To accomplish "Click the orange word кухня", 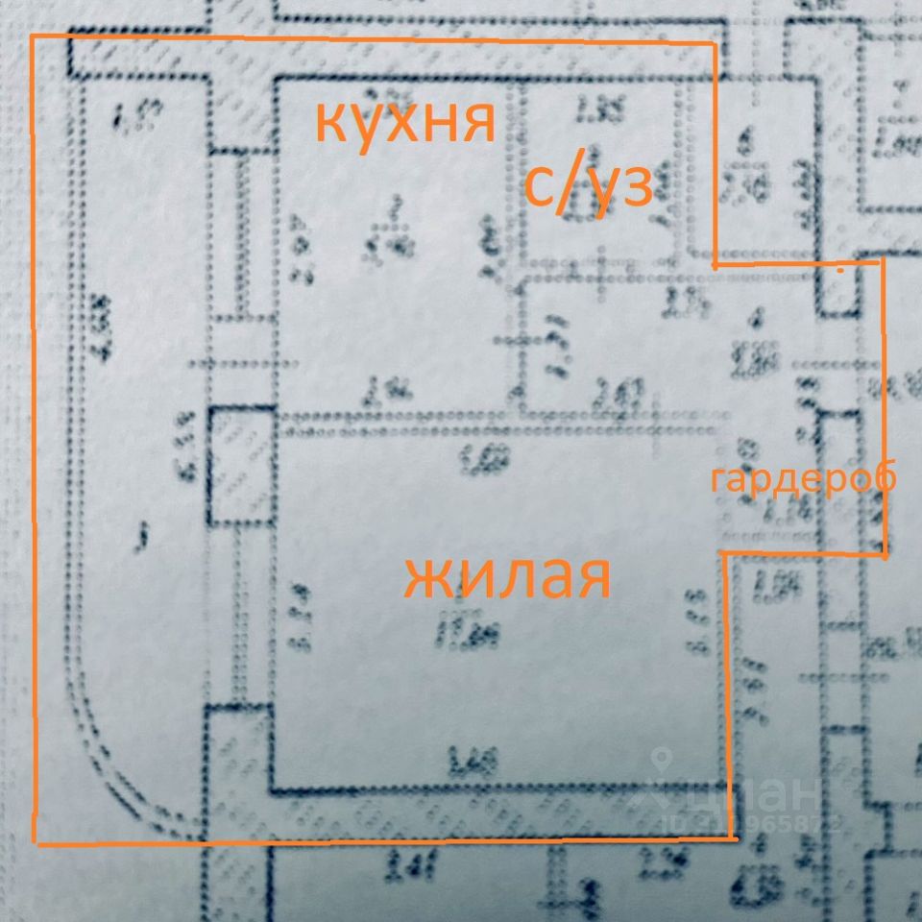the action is pyautogui.click(x=405, y=121).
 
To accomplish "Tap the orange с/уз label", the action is pyautogui.click(x=589, y=186).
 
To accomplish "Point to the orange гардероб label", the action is pyautogui.click(x=803, y=478).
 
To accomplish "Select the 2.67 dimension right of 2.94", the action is pyautogui.click(x=620, y=394).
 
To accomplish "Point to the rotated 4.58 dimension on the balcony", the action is pyautogui.click(x=101, y=327).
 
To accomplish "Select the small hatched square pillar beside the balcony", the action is pyautogui.click(x=241, y=467).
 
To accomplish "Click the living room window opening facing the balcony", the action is pyautogui.click(x=240, y=615).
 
